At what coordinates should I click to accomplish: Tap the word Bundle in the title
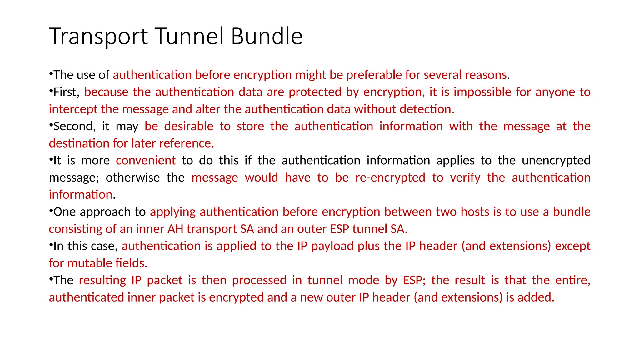(x=267, y=36)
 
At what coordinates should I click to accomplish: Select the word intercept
(x=73, y=109)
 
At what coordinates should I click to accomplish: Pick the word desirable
(x=189, y=126)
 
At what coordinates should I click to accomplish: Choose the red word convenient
(x=146, y=160)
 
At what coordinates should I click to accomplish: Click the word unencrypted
(x=556, y=161)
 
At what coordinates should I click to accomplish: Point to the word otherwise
(x=132, y=177)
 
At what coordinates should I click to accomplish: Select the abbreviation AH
(x=175, y=229)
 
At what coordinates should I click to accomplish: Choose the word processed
(x=259, y=280)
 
